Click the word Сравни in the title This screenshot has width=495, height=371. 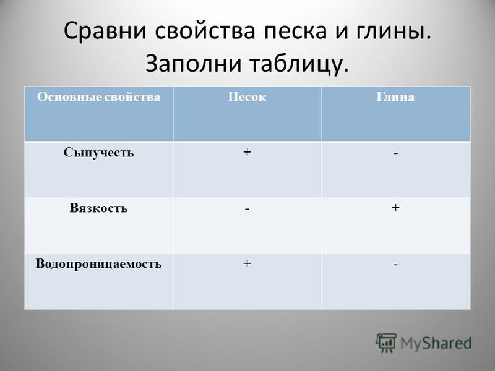point(105,31)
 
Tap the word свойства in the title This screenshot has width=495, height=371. point(205,31)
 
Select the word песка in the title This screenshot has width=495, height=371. point(296,31)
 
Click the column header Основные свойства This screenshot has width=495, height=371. point(98,96)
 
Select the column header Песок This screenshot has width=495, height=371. point(247,96)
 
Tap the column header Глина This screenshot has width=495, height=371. point(395,96)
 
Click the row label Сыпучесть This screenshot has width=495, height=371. point(98,153)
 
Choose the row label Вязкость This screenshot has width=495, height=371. point(98,208)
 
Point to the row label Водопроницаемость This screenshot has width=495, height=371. point(98,264)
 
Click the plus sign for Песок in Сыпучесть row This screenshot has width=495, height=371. point(247,152)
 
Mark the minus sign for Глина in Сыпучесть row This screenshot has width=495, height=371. point(395,153)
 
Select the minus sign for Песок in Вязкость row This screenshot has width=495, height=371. point(247,209)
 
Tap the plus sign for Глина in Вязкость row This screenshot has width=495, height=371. point(395,208)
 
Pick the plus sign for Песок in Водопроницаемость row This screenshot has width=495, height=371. point(247,263)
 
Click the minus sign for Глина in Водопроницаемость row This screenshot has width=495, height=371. point(395,265)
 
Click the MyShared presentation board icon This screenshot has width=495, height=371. point(386,343)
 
